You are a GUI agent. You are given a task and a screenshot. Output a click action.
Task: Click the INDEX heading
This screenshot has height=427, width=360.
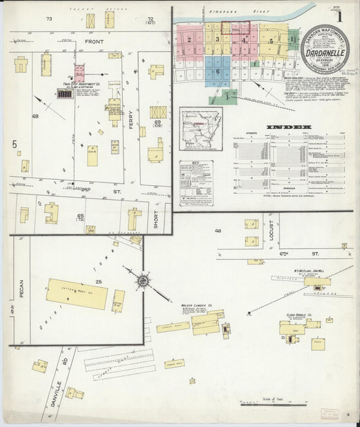288,127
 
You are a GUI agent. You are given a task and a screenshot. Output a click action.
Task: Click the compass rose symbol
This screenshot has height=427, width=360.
143,280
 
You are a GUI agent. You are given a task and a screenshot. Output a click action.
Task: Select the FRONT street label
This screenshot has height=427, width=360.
93,42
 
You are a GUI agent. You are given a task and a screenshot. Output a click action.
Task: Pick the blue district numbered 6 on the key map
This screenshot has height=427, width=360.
217,70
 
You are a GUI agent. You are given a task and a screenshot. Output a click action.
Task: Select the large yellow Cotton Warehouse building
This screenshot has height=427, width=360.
76,293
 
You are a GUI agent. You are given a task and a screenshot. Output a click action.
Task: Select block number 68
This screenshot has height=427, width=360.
35,116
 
